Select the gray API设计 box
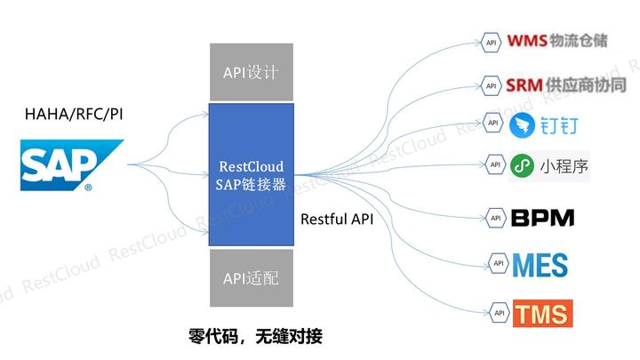tap(251, 71)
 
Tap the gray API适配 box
tap(251, 277)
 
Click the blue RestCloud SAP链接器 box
tap(251, 174)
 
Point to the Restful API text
tap(337, 218)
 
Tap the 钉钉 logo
tap(544, 124)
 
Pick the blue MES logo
tap(540, 264)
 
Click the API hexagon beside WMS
tap(490, 41)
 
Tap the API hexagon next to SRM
tap(490, 85)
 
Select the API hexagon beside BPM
tap(496, 217)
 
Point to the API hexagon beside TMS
tap(499, 312)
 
